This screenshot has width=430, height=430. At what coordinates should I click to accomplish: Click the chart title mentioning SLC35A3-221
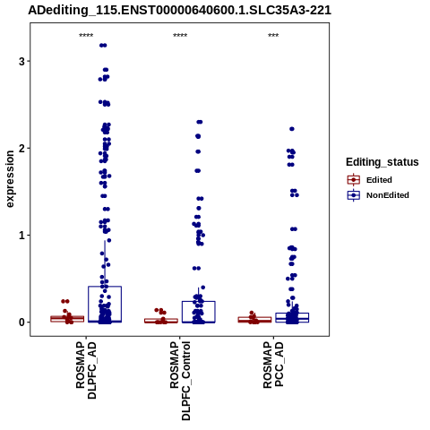[x=179, y=10]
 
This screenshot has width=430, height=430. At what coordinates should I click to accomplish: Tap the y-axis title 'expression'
[x=10, y=179]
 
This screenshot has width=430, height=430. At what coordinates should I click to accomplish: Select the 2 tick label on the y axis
[x=21, y=149]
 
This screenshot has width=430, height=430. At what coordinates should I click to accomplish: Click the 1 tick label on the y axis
[x=21, y=236]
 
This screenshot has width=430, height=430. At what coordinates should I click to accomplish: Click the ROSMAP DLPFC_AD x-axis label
[x=86, y=370]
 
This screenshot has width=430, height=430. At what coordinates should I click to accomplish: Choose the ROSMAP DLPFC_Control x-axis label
[x=180, y=381]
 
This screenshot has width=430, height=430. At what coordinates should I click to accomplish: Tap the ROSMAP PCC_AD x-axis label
[x=273, y=365]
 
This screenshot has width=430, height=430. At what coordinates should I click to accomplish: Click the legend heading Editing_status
[x=383, y=162]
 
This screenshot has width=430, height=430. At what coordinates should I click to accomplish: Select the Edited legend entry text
[x=379, y=180]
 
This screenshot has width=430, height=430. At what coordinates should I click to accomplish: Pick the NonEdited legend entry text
[x=388, y=195]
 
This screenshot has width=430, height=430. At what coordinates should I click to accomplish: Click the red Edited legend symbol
[x=354, y=180]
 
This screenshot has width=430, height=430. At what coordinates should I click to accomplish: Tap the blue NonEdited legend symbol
[x=354, y=195]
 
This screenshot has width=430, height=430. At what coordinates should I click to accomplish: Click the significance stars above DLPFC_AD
[x=86, y=36]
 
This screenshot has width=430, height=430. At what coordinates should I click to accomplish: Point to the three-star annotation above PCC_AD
[x=273, y=36]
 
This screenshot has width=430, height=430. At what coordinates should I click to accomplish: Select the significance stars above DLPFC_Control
[x=180, y=36]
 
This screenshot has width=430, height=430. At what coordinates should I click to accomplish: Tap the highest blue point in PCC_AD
[x=292, y=129]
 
